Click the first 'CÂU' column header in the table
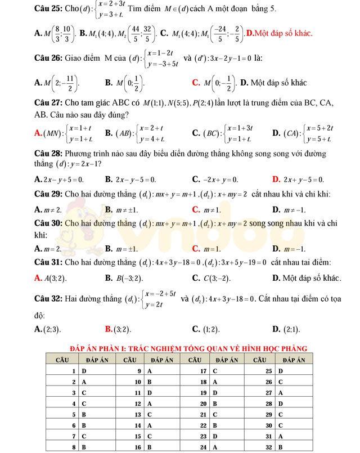pyautogui.click(x=62, y=359)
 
